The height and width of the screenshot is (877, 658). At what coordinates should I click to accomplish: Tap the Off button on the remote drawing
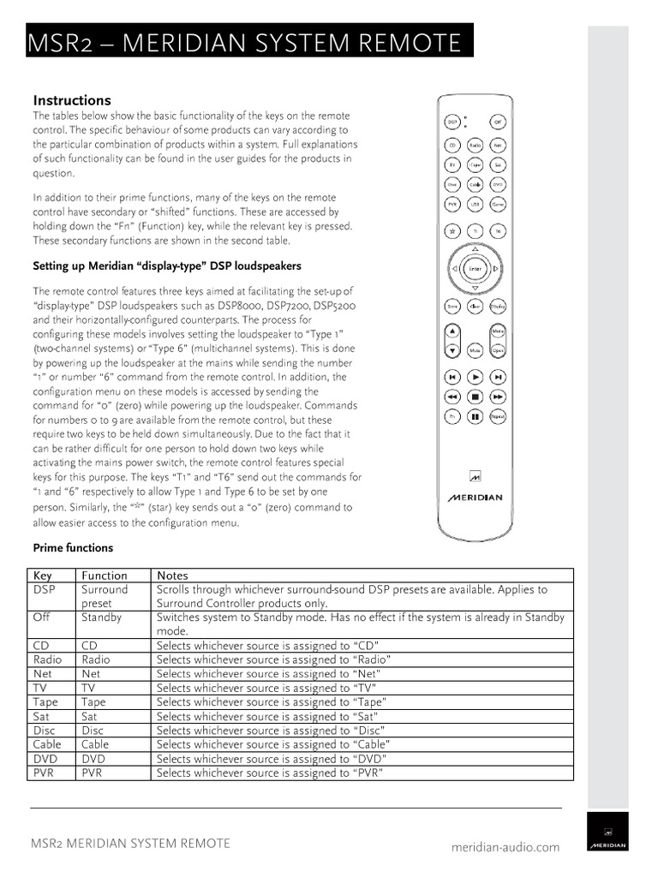(x=498, y=122)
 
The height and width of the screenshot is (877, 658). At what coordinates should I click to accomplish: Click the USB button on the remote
(x=475, y=205)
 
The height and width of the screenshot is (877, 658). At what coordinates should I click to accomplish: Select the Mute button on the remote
(x=475, y=351)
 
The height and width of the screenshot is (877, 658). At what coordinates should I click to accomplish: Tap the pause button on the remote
(x=475, y=416)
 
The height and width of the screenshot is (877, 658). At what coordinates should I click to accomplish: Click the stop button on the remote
(x=475, y=397)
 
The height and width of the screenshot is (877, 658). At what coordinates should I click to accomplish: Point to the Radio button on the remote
(x=475, y=146)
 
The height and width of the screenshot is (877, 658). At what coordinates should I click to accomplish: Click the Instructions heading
(x=72, y=100)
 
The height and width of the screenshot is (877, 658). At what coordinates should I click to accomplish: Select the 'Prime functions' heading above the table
(x=73, y=548)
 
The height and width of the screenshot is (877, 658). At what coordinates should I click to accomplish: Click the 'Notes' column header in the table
(x=173, y=576)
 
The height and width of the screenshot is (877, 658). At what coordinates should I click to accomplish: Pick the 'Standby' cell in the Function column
(x=101, y=617)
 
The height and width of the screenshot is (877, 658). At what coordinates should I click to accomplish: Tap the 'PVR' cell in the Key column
(x=44, y=773)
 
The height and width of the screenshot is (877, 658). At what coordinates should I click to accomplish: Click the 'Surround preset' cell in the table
(x=104, y=596)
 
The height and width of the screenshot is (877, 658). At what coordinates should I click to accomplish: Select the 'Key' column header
(x=43, y=576)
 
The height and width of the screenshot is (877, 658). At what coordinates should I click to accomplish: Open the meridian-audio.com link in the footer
(x=505, y=847)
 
